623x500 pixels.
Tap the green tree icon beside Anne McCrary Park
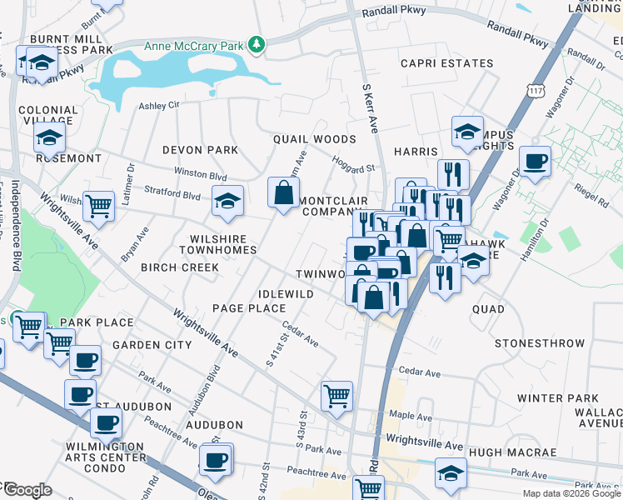258,44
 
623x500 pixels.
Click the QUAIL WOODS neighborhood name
315,139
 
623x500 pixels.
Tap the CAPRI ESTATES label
446,63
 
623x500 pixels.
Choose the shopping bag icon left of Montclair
284,192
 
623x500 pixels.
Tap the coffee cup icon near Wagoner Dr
535,160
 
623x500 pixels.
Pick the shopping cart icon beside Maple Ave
336,395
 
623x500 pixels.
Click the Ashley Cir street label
158,106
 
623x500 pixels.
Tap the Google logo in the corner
27,490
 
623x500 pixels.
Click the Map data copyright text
571,493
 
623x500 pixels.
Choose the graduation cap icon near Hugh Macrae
451,472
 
